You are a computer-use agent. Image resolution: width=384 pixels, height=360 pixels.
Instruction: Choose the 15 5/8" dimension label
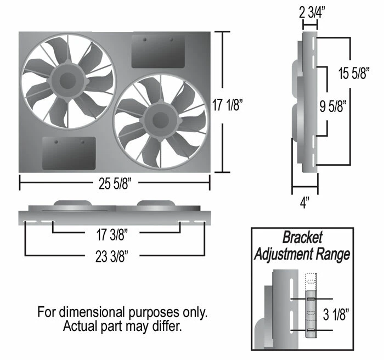pos(352,75)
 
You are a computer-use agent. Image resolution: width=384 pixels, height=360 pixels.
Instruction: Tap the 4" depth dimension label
pos(305,203)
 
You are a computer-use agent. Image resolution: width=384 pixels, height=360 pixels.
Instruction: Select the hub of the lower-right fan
pos(159,119)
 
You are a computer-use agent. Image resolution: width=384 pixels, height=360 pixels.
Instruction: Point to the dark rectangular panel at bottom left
pos(69,153)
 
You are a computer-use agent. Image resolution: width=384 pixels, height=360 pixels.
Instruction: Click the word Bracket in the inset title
pos(302,238)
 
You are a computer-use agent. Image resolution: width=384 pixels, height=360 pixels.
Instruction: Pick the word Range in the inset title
pos(335,255)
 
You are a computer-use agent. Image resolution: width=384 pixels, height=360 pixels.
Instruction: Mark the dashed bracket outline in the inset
pos(310,280)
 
